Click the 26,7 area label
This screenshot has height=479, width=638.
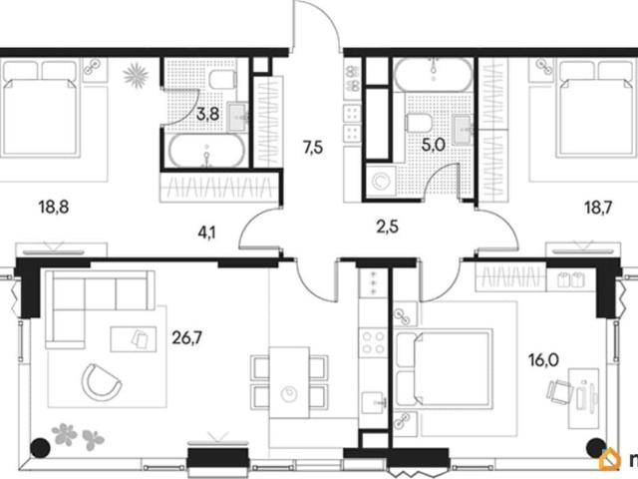click(186, 337)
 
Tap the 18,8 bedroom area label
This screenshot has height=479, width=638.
click(54, 208)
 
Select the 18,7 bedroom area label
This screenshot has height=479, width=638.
click(598, 209)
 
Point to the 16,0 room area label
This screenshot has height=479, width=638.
click(543, 360)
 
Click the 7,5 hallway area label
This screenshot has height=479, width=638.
click(313, 147)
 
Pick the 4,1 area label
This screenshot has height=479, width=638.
click(206, 234)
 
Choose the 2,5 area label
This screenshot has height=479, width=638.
click(387, 227)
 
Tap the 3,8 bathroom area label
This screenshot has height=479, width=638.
click(208, 115)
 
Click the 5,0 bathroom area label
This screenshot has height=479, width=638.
click(434, 145)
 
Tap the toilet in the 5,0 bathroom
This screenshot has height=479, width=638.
click(419, 123)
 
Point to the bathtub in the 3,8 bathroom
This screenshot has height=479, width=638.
click(207, 151)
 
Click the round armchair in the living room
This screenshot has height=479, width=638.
click(101, 382)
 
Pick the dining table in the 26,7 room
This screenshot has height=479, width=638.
click(289, 382)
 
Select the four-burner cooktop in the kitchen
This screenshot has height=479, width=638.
click(374, 343)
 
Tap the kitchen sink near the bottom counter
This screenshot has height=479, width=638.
click(375, 403)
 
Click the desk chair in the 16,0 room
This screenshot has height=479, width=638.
click(559, 392)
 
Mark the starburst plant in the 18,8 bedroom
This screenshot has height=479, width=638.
click(136, 75)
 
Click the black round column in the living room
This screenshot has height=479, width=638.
click(40, 448)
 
